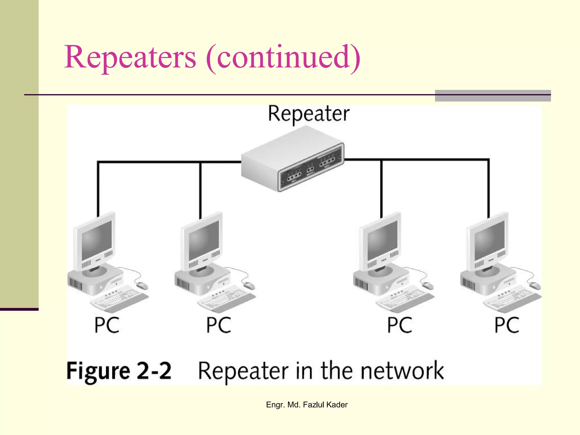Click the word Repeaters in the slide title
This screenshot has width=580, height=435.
click(x=130, y=57)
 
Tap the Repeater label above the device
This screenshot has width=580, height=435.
click(x=308, y=114)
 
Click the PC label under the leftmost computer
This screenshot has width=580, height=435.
click(x=107, y=325)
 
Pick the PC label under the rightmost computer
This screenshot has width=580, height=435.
click(x=507, y=325)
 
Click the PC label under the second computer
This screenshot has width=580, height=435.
click(x=218, y=325)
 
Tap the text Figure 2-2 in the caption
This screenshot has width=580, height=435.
click(x=119, y=371)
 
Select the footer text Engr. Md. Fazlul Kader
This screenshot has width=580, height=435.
click(x=307, y=405)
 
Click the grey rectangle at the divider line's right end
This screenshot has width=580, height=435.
click(x=493, y=96)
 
